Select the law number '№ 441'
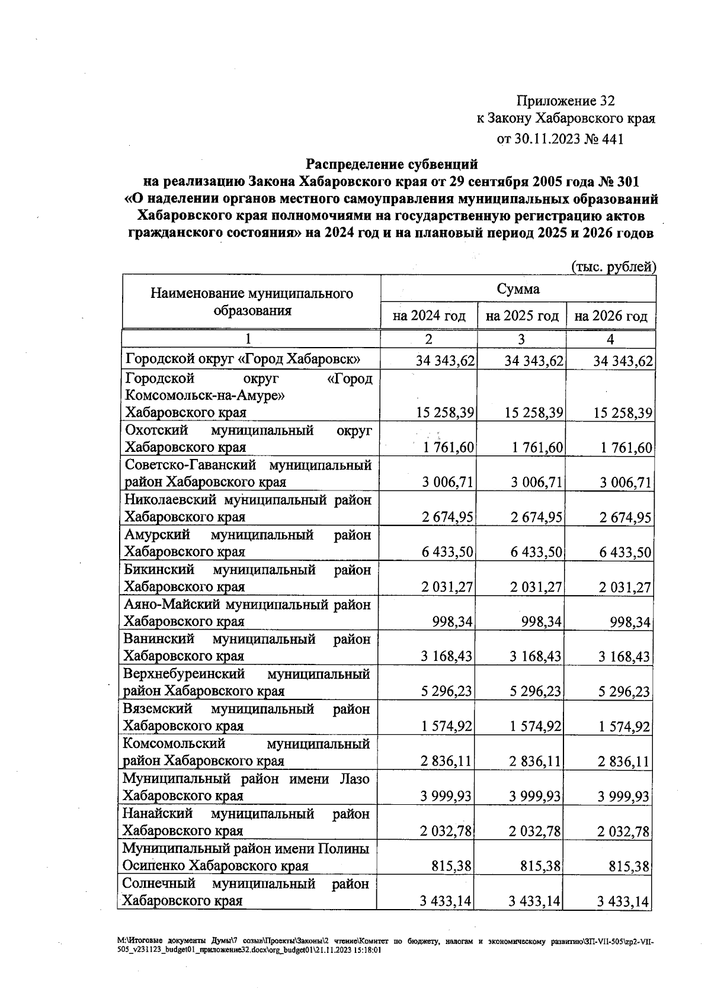point(604,139)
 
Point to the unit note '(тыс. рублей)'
point(613,266)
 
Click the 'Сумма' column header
point(518,289)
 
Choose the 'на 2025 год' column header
point(522,316)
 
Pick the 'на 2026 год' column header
point(611,316)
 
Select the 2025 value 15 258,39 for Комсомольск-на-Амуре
point(534,413)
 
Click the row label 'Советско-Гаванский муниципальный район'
point(248,473)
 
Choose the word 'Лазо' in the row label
point(354,779)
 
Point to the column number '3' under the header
point(521,339)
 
